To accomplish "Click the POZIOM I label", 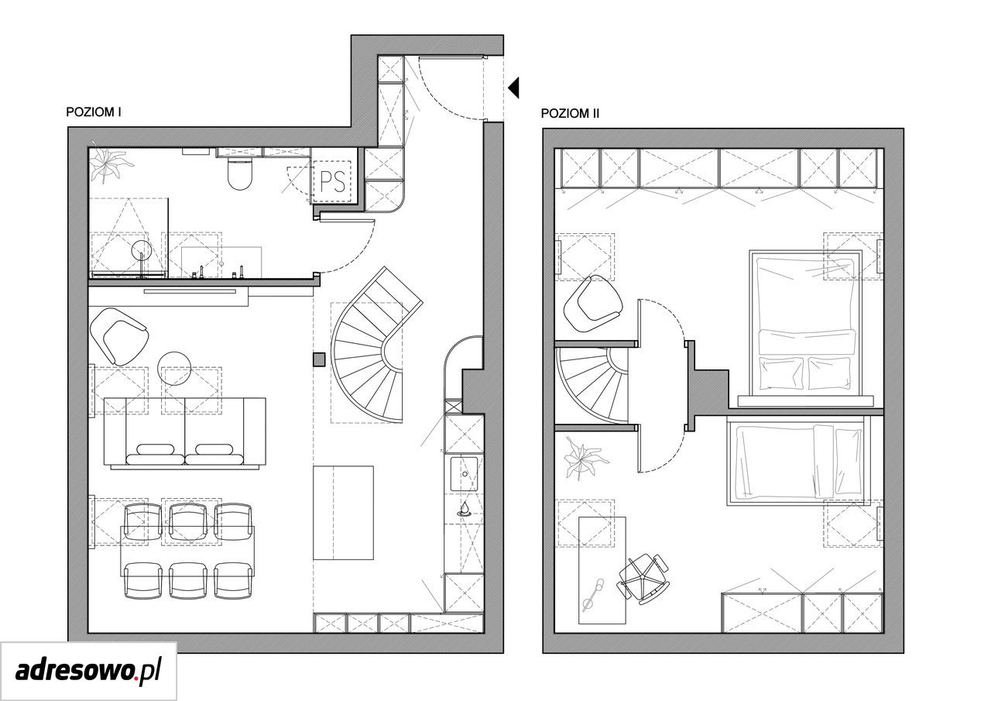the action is (94, 112).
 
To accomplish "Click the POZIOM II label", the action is (570, 113).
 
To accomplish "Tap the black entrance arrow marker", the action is (513, 88).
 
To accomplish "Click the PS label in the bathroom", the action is (332, 181).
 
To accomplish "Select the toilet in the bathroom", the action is (240, 174).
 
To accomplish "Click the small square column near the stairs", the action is (319, 359).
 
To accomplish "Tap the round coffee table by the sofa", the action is (174, 368).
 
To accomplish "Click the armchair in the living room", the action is (118, 336).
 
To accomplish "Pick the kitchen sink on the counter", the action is (464, 474).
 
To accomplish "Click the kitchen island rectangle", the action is (343, 513).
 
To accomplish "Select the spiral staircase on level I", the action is (377, 345).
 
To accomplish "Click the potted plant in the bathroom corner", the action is (110, 164).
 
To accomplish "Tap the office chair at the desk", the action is (643, 579).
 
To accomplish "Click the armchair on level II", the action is (593, 303).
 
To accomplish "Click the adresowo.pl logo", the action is (88, 671).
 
